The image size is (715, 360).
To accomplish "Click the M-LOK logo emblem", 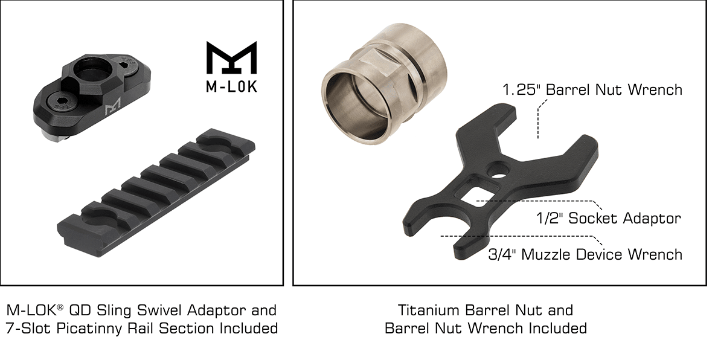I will click(231, 58).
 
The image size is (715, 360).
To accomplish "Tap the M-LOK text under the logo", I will click(231, 86).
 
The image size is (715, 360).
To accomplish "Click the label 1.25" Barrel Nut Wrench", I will click(592, 90).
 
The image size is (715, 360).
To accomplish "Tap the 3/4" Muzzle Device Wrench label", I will click(585, 254).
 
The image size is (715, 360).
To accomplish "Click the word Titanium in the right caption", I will click(428, 310).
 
